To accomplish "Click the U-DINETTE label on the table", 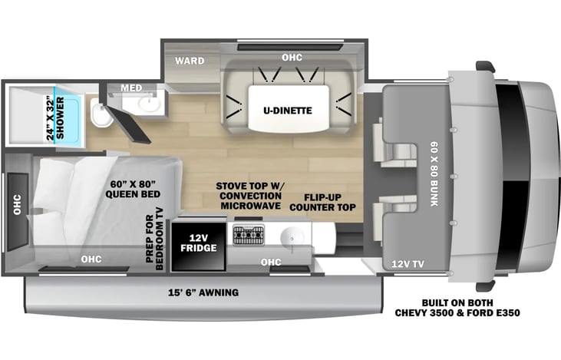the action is (288, 111).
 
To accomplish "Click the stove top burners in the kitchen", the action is (249, 235).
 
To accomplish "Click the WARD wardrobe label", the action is (190, 61).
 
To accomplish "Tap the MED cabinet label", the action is (131, 88).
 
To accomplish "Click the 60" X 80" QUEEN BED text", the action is (133, 190).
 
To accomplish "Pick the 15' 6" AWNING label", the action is (203, 292).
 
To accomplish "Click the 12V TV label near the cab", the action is (408, 264).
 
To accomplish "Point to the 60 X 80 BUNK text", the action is (434, 174).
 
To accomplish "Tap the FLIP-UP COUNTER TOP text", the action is (322, 203).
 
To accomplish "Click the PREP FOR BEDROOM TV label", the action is (154, 239).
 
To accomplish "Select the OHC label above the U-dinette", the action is (292, 58).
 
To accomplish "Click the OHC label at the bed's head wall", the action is (17, 205).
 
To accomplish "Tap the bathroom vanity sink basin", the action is (149, 104).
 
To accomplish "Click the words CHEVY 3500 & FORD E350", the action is (457, 312).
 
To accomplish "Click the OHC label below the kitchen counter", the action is (271, 263).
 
